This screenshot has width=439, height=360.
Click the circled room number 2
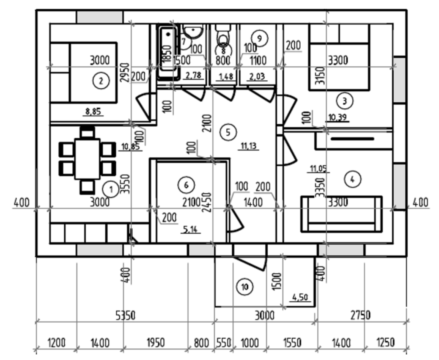click(101, 81)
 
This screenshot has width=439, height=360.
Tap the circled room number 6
click(186, 185)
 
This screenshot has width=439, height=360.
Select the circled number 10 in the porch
click(245, 287)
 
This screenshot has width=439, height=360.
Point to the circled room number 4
click(352, 179)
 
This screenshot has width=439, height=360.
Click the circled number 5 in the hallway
click(228, 132)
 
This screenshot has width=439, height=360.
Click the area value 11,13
click(248, 146)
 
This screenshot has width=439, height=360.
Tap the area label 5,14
click(190, 229)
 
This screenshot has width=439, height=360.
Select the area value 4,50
click(300, 298)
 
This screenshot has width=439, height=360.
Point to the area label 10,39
click(338, 118)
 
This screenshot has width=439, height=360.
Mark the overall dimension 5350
click(125, 315)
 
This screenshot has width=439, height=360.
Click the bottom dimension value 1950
click(155, 343)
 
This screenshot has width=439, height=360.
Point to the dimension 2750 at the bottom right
click(360, 315)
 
